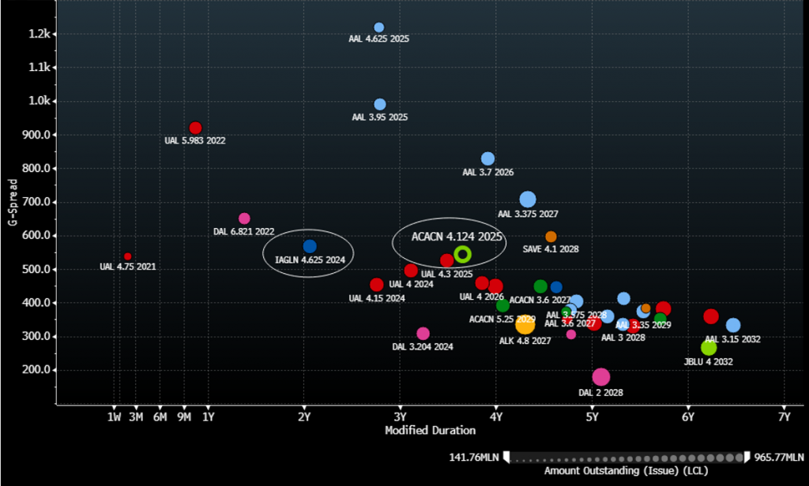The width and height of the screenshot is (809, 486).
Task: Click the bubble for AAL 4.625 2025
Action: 379,28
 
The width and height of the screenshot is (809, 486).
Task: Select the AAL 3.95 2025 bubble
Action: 380,104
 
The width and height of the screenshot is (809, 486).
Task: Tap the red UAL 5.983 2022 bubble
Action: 195,128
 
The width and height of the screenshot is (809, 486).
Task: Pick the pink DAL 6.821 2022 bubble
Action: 244,219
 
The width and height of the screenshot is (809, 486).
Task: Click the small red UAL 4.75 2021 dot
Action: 128,256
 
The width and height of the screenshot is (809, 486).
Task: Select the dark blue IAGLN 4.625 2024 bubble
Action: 310,247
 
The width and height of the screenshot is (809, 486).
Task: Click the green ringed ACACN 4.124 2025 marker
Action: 463,254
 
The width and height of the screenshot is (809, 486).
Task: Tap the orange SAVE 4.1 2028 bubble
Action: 551,237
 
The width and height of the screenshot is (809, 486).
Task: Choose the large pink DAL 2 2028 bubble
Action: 601,377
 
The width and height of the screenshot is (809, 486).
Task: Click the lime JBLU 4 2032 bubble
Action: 709,348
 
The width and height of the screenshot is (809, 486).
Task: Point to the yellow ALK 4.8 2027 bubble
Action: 525,325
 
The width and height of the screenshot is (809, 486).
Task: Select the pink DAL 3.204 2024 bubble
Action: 423,334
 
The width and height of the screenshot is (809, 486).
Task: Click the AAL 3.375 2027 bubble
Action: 528,200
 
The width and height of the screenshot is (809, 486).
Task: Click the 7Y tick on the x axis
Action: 784,416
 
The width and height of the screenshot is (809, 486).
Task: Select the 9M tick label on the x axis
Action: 184,416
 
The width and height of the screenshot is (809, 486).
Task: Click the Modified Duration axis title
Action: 430,430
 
